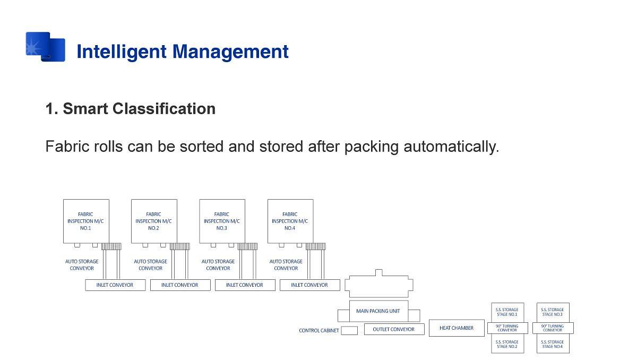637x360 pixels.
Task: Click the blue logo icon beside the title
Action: [46, 47]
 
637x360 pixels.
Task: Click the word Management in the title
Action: [230, 52]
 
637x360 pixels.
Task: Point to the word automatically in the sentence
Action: [451, 146]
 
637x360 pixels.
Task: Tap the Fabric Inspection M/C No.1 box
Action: [86, 221]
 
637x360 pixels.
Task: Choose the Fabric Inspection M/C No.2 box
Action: [154, 221]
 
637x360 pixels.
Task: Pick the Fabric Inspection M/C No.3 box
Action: [222, 221]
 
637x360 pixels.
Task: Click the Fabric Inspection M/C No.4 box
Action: [290, 221]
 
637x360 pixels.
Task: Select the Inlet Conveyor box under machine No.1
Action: [115, 285]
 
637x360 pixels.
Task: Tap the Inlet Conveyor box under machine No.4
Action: [309, 285]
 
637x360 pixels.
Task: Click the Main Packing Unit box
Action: [378, 311]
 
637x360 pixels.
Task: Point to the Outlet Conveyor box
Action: [394, 329]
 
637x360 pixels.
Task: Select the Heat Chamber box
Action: [457, 328]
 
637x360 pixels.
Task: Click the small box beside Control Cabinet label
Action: [349, 330]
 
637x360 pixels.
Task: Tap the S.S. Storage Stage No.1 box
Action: [507, 312]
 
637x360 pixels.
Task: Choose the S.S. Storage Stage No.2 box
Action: [507, 344]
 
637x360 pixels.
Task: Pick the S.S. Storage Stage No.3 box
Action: [552, 312]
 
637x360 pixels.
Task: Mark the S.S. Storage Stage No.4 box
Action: [552, 344]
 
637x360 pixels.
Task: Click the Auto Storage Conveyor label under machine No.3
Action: [218, 264]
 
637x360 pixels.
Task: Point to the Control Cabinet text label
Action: [318, 331]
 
